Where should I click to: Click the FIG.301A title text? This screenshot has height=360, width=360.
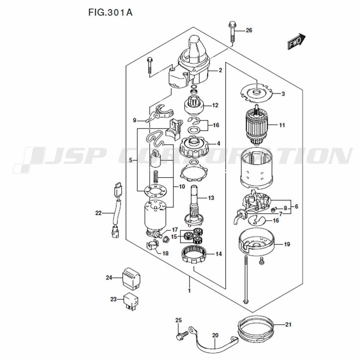(x=110, y=12)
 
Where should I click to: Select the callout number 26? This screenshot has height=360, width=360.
(x=249, y=30)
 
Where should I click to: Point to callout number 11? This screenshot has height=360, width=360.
(x=282, y=125)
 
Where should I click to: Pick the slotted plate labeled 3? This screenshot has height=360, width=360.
(x=256, y=94)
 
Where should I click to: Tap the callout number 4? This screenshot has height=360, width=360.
(x=219, y=144)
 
